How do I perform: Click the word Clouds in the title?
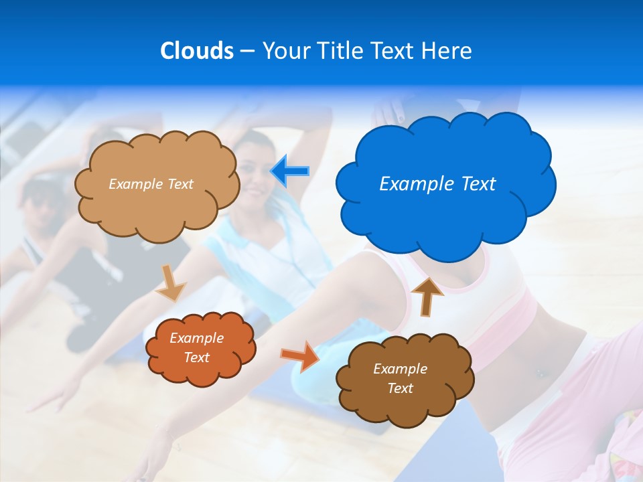tap(196, 51)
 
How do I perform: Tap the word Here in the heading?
tap(447, 51)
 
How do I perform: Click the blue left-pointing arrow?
tap(289, 171)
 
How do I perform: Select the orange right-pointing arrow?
tap(299, 355)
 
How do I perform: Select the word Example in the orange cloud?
tap(196, 338)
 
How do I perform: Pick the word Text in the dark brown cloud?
tap(400, 388)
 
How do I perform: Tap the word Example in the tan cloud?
tap(135, 184)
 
